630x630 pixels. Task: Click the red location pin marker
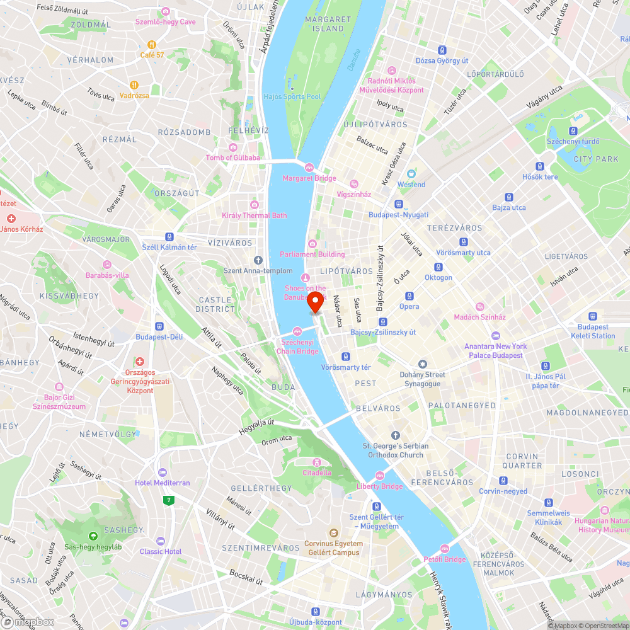click(x=314, y=303)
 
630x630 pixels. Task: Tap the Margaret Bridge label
click(x=309, y=178)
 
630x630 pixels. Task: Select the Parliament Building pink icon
click(x=312, y=244)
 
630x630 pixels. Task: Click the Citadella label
click(x=316, y=472)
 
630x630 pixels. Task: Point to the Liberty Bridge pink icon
click(x=379, y=476)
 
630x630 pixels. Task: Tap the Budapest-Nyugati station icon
click(x=398, y=204)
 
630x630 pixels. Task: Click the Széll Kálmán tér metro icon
click(x=169, y=236)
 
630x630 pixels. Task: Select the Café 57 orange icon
click(x=152, y=44)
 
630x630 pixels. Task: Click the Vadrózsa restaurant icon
click(x=134, y=84)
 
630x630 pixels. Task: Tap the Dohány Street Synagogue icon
click(x=422, y=364)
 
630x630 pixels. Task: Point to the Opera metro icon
click(x=409, y=296)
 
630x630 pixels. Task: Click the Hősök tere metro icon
click(x=540, y=166)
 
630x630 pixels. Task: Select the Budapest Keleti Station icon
click(x=592, y=317)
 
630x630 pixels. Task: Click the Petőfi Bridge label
click(x=445, y=559)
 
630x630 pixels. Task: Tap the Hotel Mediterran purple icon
click(x=163, y=472)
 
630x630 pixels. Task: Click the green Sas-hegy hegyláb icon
click(x=93, y=535)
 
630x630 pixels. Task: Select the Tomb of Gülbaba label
click(x=232, y=157)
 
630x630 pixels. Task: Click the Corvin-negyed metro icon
click(x=503, y=481)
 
